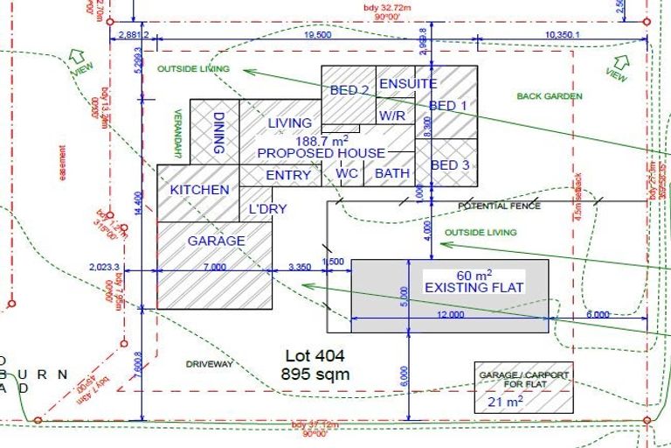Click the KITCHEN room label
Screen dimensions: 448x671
(x=199, y=190)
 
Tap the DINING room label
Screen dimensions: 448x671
(x=219, y=132)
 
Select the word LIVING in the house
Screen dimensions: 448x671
(x=290, y=123)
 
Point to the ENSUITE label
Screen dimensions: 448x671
(x=407, y=84)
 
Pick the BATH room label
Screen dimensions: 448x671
(x=392, y=173)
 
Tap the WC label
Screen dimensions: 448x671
(x=347, y=173)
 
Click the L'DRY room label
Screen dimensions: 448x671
(x=268, y=210)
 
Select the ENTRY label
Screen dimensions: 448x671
(x=288, y=175)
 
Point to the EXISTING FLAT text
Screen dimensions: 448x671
(x=460, y=287)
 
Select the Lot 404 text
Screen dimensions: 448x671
(x=315, y=356)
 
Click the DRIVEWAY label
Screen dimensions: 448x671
(x=210, y=363)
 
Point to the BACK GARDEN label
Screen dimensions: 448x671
(x=550, y=96)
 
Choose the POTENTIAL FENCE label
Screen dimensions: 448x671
(x=500, y=206)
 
